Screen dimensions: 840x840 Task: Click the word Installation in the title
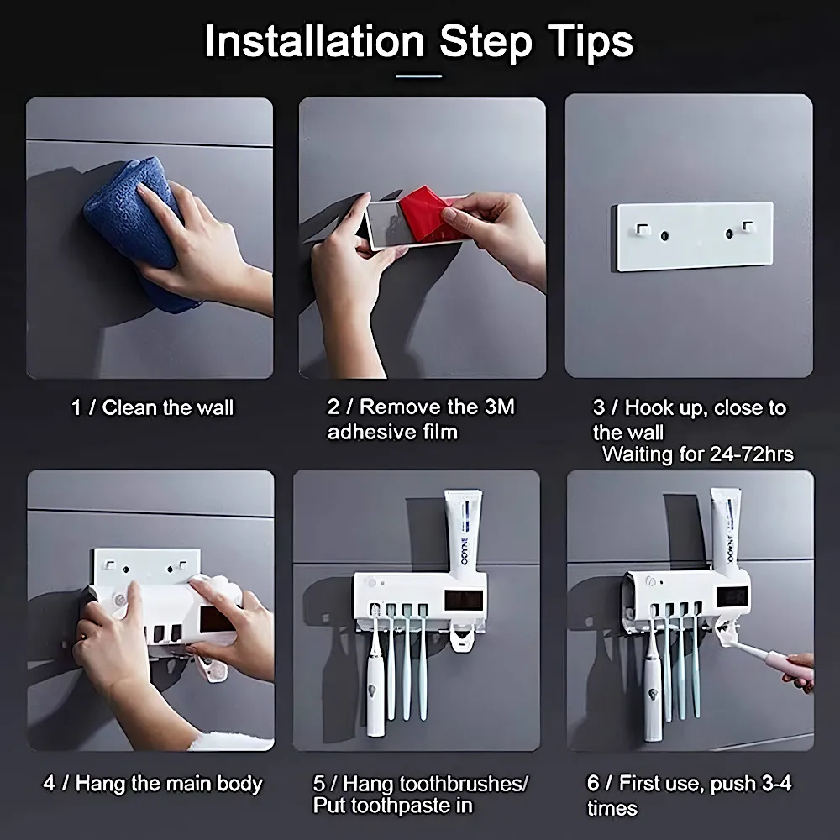(x=314, y=42)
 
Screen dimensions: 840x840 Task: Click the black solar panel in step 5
(x=464, y=600)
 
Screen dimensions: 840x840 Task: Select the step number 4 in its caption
(x=50, y=783)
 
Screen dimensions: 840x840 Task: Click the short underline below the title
(x=419, y=76)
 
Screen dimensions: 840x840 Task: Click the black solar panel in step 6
(x=732, y=596)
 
